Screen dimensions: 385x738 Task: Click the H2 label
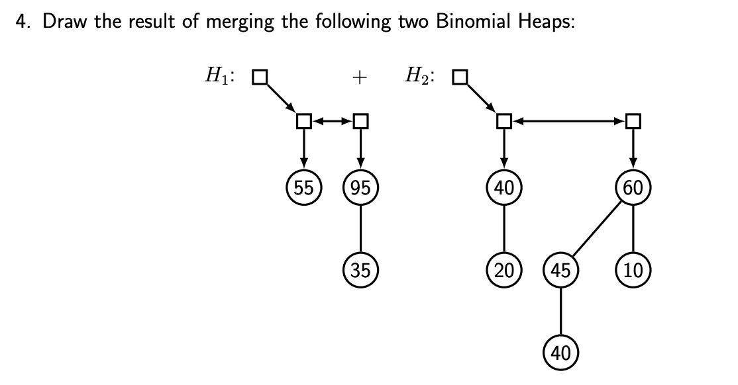(x=420, y=77)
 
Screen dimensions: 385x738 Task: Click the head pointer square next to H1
(x=260, y=77)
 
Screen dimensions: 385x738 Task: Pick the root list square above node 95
(x=360, y=121)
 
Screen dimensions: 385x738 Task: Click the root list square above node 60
(x=633, y=121)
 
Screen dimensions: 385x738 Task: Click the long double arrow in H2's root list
(x=568, y=121)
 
